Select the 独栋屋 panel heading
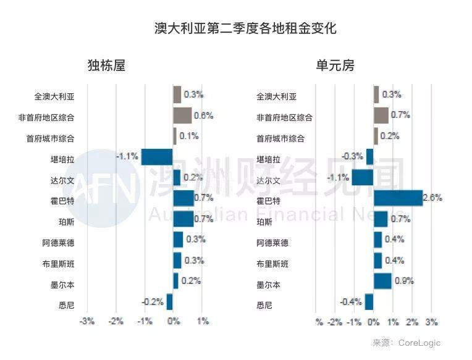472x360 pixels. point(106,66)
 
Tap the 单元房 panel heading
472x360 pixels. point(335,66)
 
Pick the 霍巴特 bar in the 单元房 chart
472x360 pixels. point(398,198)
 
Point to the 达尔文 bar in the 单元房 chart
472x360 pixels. point(363,178)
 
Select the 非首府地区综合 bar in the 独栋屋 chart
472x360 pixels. point(182,115)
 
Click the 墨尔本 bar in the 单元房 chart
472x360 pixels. point(382,281)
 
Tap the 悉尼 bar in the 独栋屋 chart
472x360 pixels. point(169,302)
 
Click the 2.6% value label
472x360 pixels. point(432,198)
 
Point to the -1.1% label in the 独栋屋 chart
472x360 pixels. point(127,157)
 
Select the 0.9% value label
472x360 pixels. point(404,281)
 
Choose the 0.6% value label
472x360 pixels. point(203,115)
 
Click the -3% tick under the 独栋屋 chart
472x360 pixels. point(86,322)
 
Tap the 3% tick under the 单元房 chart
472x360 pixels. point(431,322)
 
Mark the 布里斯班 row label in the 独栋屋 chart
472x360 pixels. point(57,264)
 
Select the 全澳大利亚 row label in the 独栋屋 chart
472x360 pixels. point(53,96)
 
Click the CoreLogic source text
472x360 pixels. point(419,343)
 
